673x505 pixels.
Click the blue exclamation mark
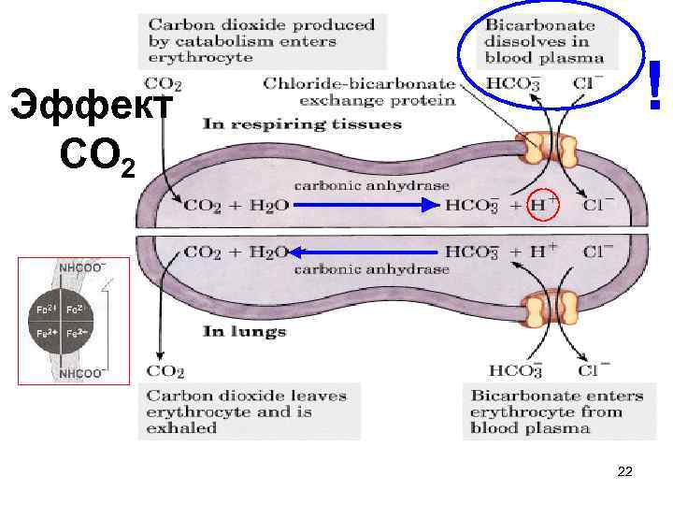click(x=656, y=86)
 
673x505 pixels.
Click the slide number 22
click(x=625, y=472)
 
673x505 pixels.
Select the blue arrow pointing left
click(x=364, y=252)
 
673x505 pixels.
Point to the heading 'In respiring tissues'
click(x=302, y=123)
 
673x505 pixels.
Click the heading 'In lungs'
click(x=245, y=332)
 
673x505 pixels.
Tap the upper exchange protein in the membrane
click(x=549, y=149)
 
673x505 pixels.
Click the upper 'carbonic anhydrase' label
click(x=372, y=186)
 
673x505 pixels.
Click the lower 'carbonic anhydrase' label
click(x=372, y=269)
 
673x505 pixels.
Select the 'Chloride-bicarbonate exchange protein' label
click(x=359, y=91)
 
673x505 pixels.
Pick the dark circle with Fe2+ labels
click(x=64, y=320)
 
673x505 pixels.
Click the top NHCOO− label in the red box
click(x=82, y=267)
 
